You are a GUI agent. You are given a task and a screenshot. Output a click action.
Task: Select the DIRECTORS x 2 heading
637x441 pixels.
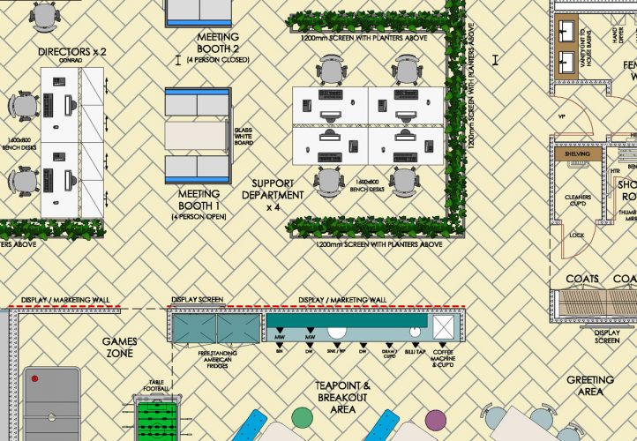pos(72,52)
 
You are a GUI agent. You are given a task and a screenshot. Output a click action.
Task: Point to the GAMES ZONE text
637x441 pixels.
pos(119,347)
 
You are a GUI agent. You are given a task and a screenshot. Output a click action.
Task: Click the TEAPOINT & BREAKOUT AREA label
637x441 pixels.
pos(342,398)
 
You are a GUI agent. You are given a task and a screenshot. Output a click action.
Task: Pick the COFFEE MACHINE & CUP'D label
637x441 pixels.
pos(443,357)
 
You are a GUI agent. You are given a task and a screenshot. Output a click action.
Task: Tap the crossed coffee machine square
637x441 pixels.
pos(443,327)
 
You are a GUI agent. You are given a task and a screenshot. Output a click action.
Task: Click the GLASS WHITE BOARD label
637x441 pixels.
pos(244,139)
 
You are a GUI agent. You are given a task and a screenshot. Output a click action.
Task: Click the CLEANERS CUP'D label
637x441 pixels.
pos(575,200)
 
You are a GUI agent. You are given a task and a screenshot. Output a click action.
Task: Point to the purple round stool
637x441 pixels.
pos(436,418)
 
